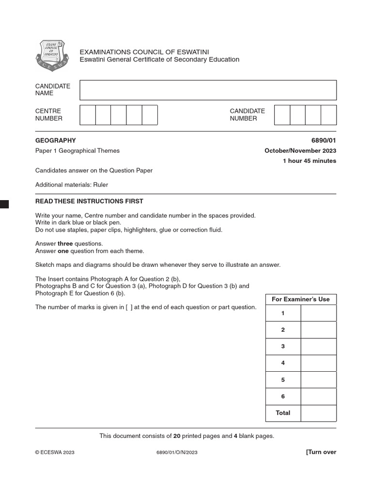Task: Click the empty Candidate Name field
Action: pos(208,90)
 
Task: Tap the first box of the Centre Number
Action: pos(87,115)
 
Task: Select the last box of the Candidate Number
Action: pos(328,115)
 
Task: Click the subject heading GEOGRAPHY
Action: pos(56,141)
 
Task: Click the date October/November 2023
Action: pos(300,151)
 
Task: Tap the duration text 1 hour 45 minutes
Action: pos(309,161)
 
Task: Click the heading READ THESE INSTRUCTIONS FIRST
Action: pos(89,201)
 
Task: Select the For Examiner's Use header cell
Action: pos(301,299)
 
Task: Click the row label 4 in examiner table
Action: pos(283,363)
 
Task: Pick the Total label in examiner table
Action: pos(283,413)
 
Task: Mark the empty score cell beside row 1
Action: pos(318,313)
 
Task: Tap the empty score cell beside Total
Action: pos(318,413)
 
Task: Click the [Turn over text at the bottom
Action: pos(321,452)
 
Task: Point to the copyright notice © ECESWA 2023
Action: pos(55,452)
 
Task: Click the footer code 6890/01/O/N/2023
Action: pos(177,452)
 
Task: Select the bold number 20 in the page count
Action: pos(177,436)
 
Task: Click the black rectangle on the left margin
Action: pos(4,204)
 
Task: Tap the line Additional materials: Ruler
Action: pos(72,185)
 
